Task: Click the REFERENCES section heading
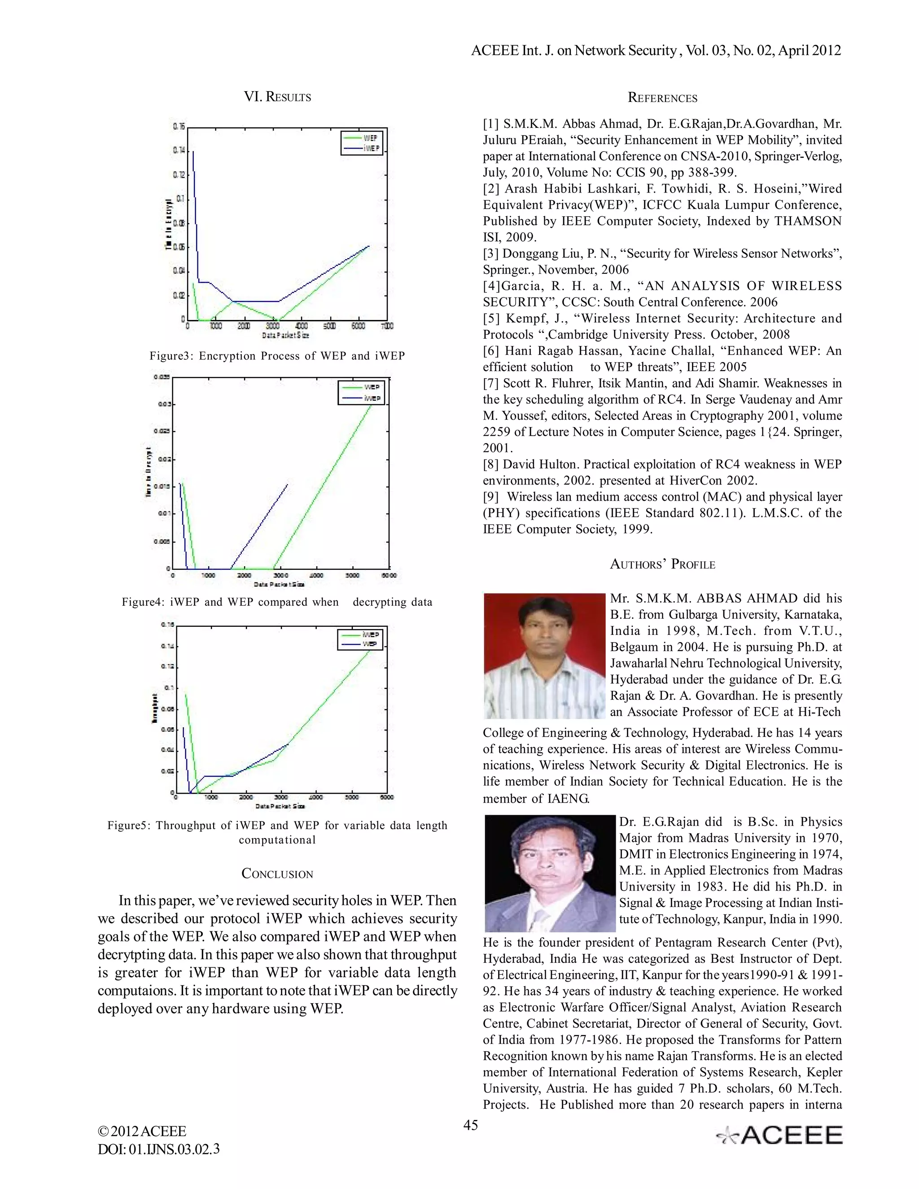pyautogui.click(x=662, y=97)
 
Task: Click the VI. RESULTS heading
pyautogui.click(x=277, y=97)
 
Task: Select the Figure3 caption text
pyautogui.click(x=277, y=356)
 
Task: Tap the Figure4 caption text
pyautogui.click(x=277, y=602)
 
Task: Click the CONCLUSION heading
pyautogui.click(x=277, y=874)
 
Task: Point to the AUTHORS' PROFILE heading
pyautogui.click(x=662, y=564)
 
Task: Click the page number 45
pyautogui.click(x=470, y=1125)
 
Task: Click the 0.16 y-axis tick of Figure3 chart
pyautogui.click(x=179, y=127)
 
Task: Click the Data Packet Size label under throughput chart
pyautogui.click(x=280, y=806)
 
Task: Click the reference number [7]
pyautogui.click(x=491, y=383)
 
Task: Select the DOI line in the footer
pyautogui.click(x=158, y=1149)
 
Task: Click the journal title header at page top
pyautogui.click(x=656, y=51)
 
